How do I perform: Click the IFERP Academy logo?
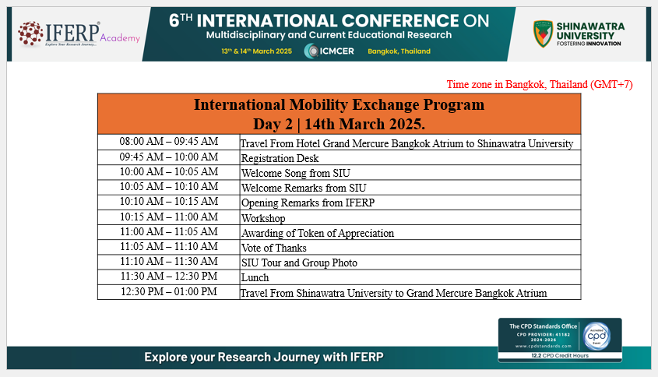(79, 33)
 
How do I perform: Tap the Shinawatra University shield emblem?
(543, 33)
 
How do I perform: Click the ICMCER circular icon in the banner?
(311, 51)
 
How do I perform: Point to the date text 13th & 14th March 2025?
(256, 51)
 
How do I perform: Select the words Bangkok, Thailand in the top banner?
(399, 51)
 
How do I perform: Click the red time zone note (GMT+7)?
(539, 84)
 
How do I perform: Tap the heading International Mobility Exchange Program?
(339, 104)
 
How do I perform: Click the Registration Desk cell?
(410, 157)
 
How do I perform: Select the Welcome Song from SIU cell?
(410, 173)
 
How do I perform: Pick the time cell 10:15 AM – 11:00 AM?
(169, 217)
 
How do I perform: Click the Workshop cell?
(410, 217)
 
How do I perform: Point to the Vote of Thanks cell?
(410, 247)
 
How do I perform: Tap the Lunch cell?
(410, 277)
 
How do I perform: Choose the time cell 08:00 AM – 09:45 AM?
(169, 142)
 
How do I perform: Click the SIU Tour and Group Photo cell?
(410, 262)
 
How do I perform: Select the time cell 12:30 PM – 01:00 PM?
(169, 292)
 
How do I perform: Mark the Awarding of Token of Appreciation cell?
(410, 233)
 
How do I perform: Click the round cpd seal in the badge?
(596, 336)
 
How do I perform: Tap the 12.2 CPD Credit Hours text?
(560, 356)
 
